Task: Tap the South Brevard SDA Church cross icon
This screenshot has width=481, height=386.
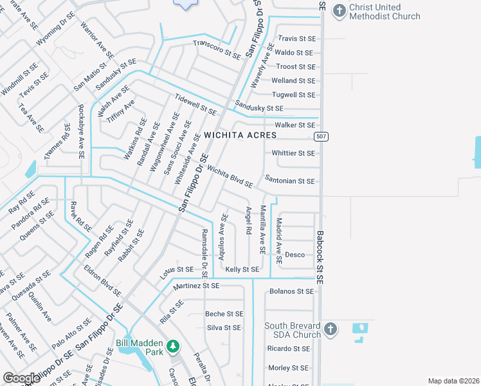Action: (x=330, y=330)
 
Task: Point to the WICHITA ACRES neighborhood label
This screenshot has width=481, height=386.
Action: (x=240, y=136)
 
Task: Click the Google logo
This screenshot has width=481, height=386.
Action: (x=21, y=378)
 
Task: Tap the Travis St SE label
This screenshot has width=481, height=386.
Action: (x=296, y=39)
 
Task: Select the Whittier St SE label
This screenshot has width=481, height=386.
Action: (x=293, y=153)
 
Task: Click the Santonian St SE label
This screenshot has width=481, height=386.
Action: (x=289, y=181)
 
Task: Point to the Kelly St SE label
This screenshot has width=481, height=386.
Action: (x=242, y=270)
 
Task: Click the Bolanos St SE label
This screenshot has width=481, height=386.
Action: (x=292, y=291)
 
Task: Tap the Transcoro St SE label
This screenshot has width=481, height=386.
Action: (x=217, y=50)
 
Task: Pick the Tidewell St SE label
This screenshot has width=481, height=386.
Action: (x=195, y=104)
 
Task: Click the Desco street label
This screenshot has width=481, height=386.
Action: (x=295, y=255)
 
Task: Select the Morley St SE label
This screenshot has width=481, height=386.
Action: (x=288, y=368)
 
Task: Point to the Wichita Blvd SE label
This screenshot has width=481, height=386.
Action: (x=230, y=176)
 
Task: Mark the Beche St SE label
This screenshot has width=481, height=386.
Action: (x=224, y=314)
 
